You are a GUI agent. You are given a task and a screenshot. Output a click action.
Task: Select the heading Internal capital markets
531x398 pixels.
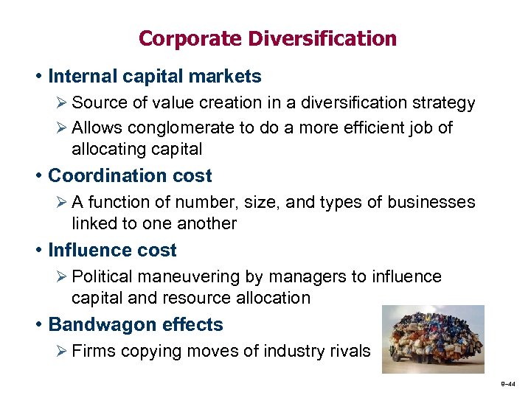[x=154, y=76]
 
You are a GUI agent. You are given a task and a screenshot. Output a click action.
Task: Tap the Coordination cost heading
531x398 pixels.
[x=130, y=176]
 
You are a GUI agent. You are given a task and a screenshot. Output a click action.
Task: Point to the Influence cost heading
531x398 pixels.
[x=112, y=251]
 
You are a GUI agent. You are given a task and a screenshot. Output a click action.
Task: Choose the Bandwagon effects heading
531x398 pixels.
[x=135, y=325]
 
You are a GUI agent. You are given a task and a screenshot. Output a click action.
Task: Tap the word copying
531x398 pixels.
[x=147, y=352]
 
